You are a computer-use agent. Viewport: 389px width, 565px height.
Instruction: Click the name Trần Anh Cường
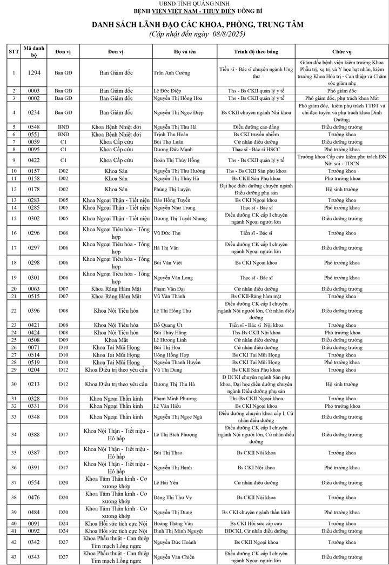(172, 72)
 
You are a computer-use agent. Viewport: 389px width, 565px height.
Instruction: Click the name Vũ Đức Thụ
(168, 233)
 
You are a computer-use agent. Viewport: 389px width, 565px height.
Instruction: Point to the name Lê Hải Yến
(168, 482)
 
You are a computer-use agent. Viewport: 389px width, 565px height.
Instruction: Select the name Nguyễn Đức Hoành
(176, 542)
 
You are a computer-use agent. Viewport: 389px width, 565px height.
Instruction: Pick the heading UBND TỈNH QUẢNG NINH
(194, 4)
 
